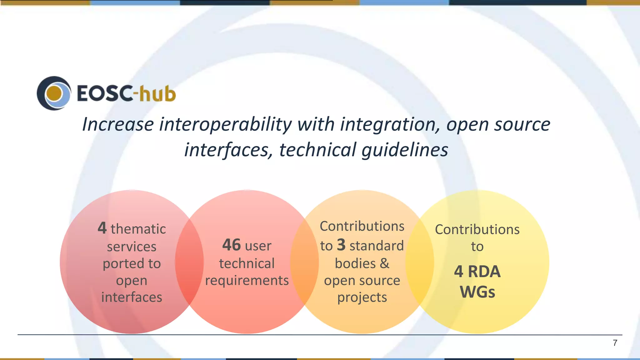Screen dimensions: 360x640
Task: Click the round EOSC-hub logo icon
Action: pyautogui.click(x=54, y=93)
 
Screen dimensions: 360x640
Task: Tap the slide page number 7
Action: pyautogui.click(x=615, y=343)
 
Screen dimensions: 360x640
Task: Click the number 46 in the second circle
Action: pyautogui.click(x=231, y=245)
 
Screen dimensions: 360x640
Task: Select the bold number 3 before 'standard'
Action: pyautogui.click(x=341, y=245)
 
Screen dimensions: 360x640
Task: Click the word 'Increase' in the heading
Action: pyautogui.click(x=118, y=124)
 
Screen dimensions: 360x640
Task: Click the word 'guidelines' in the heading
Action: pyautogui.click(x=405, y=150)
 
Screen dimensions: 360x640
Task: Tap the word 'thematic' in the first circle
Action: pyautogui.click(x=138, y=229)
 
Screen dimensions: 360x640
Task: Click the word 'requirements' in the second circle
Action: pyautogui.click(x=247, y=280)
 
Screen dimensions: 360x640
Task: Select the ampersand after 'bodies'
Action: pyautogui.click(x=385, y=263)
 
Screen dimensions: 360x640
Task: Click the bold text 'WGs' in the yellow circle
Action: pyautogui.click(x=477, y=292)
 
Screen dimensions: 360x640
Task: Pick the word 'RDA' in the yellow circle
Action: pyautogui.click(x=484, y=271)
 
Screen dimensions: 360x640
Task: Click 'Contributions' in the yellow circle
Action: pyautogui.click(x=477, y=229)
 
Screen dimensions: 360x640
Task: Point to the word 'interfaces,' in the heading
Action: pyautogui.click(x=228, y=150)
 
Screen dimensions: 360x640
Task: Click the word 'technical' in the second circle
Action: pyautogui.click(x=247, y=263)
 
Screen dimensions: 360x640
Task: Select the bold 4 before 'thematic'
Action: pyautogui.click(x=102, y=228)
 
